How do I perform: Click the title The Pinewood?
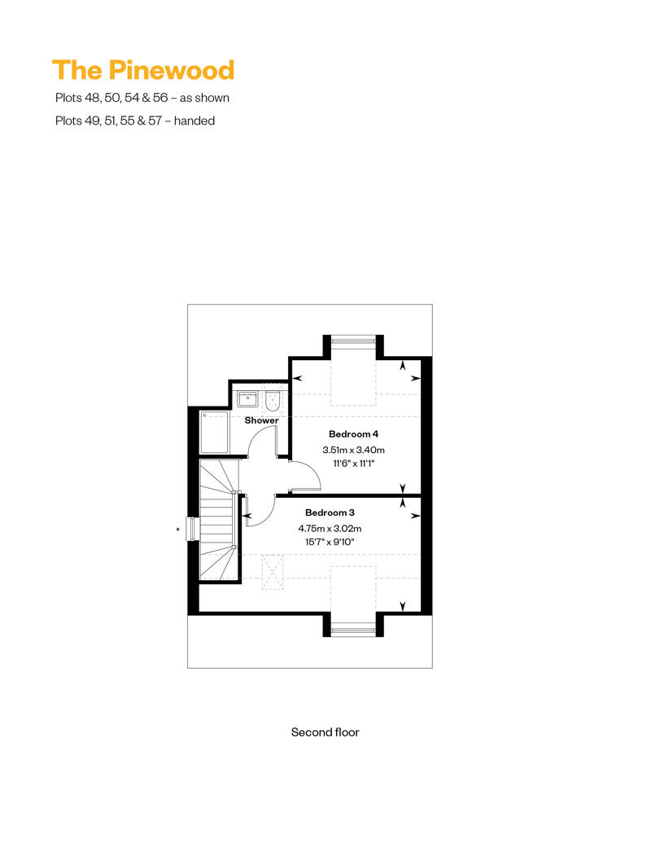point(143,70)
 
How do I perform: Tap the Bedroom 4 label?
point(353,434)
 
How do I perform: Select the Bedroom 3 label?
point(330,512)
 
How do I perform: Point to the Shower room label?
point(262,420)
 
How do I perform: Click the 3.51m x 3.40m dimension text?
point(353,450)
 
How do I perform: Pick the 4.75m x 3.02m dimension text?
point(330,528)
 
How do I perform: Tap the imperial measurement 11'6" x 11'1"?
point(353,464)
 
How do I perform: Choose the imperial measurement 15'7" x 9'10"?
point(330,542)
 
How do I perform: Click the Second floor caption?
point(325,732)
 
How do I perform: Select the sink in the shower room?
point(248,399)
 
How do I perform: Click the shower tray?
point(215,433)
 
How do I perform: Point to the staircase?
point(219,520)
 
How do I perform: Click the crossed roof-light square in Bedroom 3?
point(273,572)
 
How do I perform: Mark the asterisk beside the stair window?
point(178,530)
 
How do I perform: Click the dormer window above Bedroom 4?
point(352,341)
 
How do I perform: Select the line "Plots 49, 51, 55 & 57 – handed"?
point(135,121)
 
